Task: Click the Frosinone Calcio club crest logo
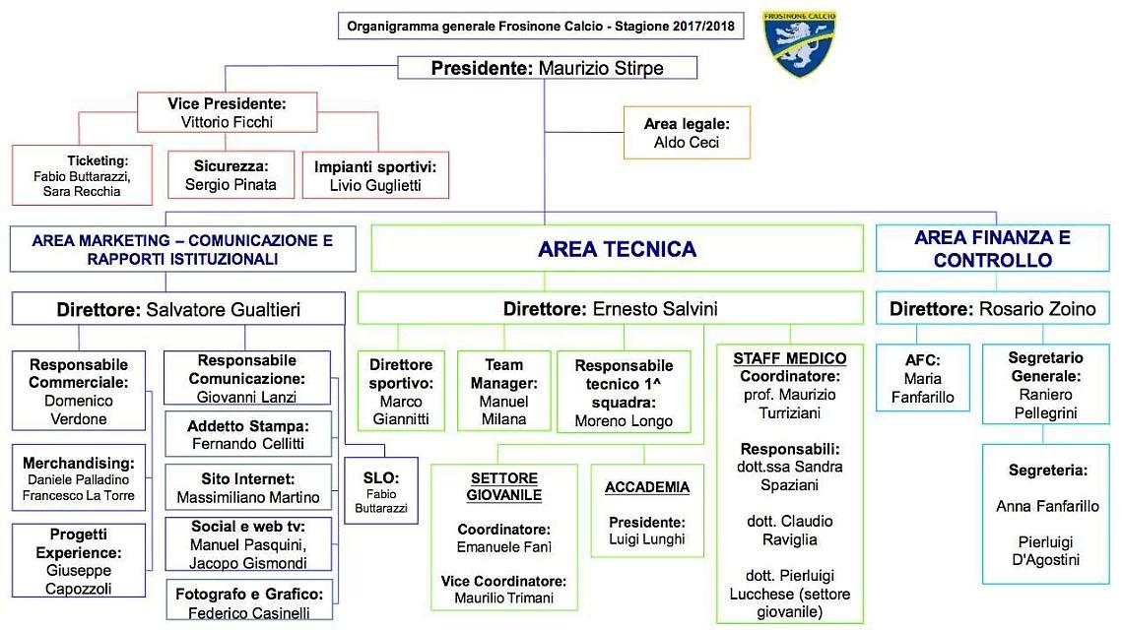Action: (x=799, y=43)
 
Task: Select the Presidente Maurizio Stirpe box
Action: (x=547, y=68)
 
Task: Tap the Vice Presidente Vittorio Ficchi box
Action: (x=227, y=112)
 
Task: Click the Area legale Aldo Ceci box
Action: (x=687, y=133)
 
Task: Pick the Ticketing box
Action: (x=83, y=175)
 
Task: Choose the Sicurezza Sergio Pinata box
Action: (x=231, y=174)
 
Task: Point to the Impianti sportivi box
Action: (x=375, y=174)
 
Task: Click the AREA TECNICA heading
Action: (x=617, y=249)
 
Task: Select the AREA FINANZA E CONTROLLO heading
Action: (x=993, y=248)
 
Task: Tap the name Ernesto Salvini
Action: (x=655, y=308)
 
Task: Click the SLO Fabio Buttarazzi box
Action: (x=381, y=491)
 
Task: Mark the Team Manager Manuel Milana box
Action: (x=504, y=391)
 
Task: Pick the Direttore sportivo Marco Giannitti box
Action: (x=401, y=391)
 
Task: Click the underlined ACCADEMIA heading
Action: (x=647, y=487)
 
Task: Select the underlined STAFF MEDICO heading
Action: (x=790, y=358)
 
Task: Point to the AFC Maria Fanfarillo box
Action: (x=922, y=378)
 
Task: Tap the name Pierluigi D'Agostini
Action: (x=1045, y=550)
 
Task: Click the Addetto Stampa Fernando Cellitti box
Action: (x=248, y=434)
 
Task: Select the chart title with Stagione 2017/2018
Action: (x=541, y=26)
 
